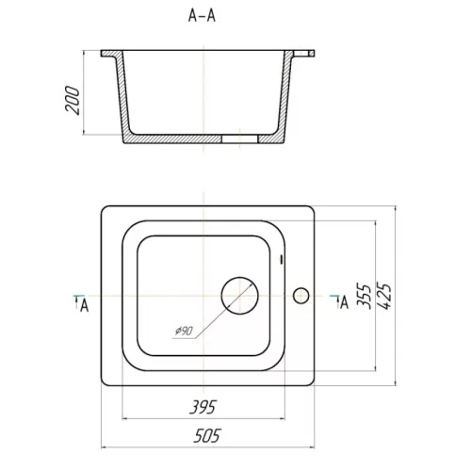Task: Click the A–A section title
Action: (x=202, y=15)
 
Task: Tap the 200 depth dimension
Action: (x=73, y=100)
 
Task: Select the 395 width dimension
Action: (x=203, y=407)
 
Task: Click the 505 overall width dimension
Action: (x=207, y=435)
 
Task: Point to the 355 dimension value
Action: (x=364, y=296)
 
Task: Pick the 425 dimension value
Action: (x=383, y=296)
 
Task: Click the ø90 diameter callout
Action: (x=184, y=331)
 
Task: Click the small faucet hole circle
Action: (x=301, y=296)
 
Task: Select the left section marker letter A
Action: (x=84, y=305)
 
